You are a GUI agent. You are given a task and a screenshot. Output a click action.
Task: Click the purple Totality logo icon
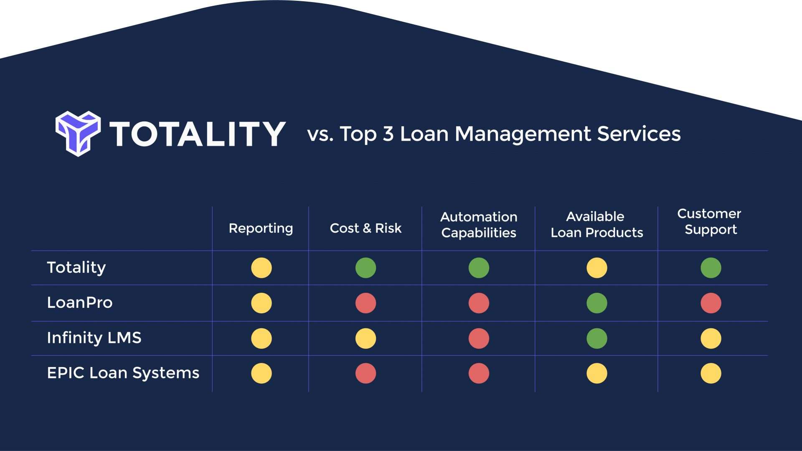coord(78,133)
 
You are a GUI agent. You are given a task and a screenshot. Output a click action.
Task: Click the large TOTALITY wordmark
coord(198,134)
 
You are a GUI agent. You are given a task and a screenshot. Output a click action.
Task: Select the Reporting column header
coord(261,228)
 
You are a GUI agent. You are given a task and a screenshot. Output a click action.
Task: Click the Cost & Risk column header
coord(365,228)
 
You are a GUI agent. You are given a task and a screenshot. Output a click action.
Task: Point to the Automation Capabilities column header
coord(479,225)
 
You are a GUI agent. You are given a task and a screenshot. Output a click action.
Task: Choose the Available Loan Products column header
coord(596,225)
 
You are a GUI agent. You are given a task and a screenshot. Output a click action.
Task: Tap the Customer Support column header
coord(710,221)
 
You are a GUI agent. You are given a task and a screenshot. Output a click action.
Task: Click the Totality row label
coord(76,268)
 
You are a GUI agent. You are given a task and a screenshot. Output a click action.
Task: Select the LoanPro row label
coord(80,303)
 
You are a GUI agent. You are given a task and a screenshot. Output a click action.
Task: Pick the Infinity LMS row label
coord(94,338)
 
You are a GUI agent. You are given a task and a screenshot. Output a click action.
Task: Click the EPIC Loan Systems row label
coord(123,373)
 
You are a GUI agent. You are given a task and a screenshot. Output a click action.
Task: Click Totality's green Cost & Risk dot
coord(365,268)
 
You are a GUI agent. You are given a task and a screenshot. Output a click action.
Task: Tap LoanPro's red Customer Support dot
coord(711,303)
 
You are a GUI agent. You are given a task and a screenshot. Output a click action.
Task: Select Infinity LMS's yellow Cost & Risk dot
coord(365,338)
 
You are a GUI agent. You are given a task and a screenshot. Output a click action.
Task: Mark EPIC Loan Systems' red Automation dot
coord(479,373)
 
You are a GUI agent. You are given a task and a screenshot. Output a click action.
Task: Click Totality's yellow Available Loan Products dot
coord(596,268)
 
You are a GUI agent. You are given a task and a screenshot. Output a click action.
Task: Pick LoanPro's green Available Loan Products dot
coord(596,303)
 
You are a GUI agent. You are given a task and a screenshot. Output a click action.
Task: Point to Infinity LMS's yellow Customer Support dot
coord(711,338)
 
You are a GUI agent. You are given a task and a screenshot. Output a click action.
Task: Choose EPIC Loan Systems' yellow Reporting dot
coord(261,373)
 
